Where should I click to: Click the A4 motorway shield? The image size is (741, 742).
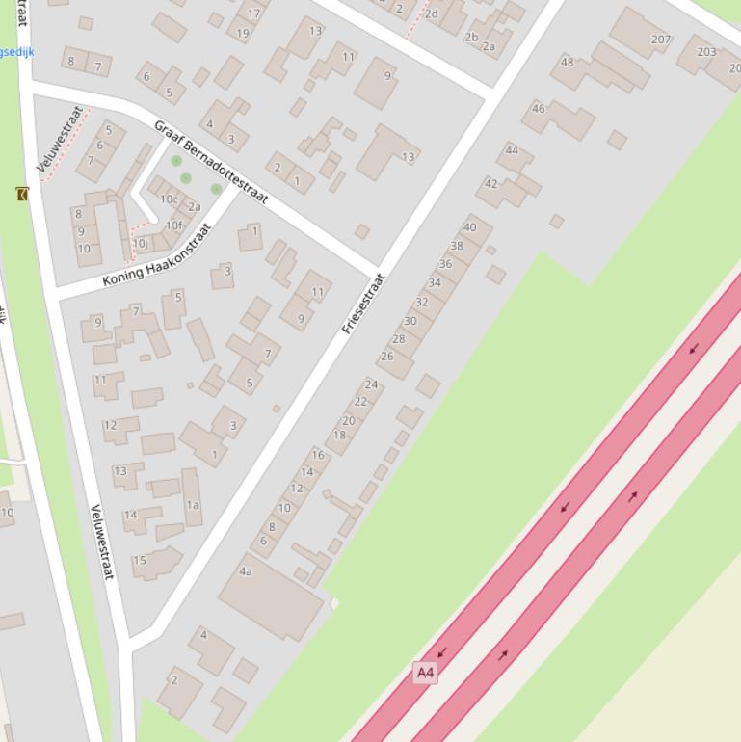pyautogui.click(x=425, y=672)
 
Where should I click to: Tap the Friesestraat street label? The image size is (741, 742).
pyautogui.click(x=363, y=304)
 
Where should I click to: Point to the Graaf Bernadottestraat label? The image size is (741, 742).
pyautogui.click(x=210, y=162)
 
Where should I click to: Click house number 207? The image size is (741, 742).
pyautogui.click(x=660, y=40)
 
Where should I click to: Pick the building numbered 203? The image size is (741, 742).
pyautogui.click(x=706, y=52)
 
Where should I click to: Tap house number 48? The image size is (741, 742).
pyautogui.click(x=568, y=63)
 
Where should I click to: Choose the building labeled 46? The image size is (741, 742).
pyautogui.click(x=539, y=109)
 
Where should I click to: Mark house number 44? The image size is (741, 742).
pyautogui.click(x=512, y=150)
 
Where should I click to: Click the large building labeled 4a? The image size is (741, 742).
pyautogui.click(x=246, y=571)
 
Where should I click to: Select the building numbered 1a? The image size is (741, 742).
pyautogui.click(x=193, y=504)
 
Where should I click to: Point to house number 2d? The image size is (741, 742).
pyautogui.click(x=431, y=13)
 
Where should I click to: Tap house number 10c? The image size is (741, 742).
pyautogui.click(x=169, y=199)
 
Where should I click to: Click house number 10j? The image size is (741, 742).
pyautogui.click(x=141, y=244)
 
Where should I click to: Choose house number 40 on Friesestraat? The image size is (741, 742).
pyautogui.click(x=470, y=228)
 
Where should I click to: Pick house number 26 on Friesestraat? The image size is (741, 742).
pyautogui.click(x=387, y=357)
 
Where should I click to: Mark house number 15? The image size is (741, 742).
pyautogui.click(x=140, y=560)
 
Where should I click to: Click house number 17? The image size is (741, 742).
pyautogui.click(x=253, y=13)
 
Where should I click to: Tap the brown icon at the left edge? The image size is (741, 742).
pyautogui.click(x=22, y=194)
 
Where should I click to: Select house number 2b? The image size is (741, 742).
pyautogui.click(x=471, y=38)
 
